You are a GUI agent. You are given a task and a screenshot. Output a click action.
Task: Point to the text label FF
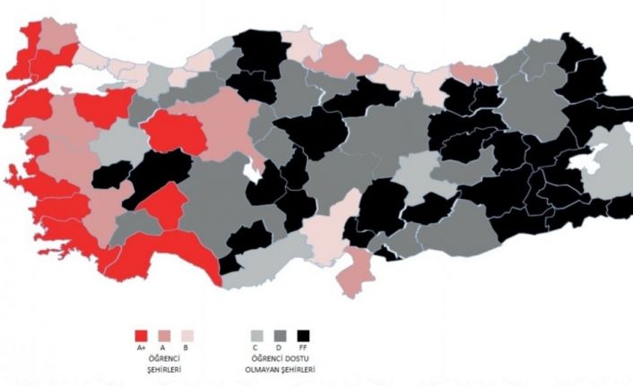305,347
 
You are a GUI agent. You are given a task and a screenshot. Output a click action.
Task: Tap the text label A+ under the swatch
141,347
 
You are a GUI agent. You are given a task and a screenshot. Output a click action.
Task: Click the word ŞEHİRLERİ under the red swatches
163,368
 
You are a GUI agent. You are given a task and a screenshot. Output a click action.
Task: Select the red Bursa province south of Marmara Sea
99,108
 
